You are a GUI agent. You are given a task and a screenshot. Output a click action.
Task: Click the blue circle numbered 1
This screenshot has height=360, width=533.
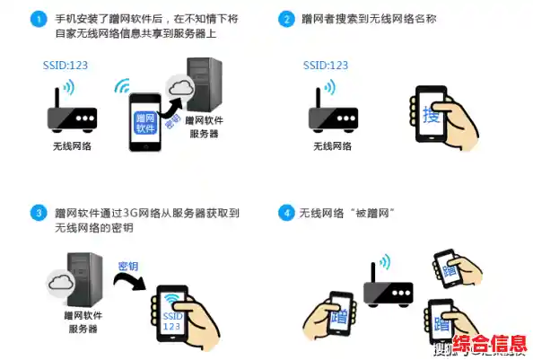tap(38, 19)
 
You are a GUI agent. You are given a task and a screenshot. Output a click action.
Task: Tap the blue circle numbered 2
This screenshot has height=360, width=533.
tap(286, 19)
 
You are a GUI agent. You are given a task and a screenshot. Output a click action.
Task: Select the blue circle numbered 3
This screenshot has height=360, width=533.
tap(38, 213)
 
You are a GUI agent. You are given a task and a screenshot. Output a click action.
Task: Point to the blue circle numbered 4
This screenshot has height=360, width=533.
tap(286, 213)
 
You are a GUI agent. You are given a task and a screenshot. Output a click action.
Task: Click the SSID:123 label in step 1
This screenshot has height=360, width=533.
tap(66, 66)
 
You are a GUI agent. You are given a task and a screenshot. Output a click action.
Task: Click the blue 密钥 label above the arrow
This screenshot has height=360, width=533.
tap(128, 267)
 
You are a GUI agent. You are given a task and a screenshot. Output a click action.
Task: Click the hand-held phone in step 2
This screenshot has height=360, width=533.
tap(432, 114)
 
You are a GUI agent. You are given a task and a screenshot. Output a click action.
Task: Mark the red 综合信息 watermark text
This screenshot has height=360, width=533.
tap(489, 345)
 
